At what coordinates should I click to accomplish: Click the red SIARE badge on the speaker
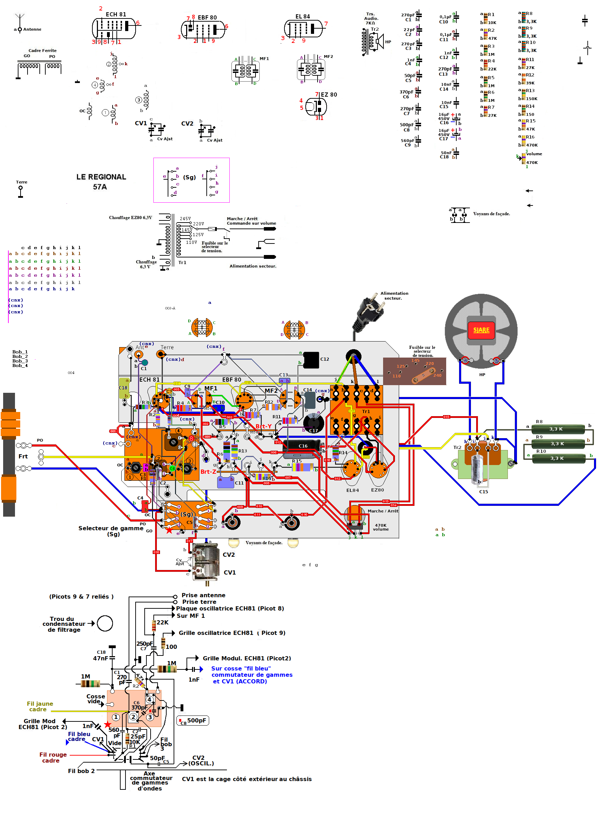pyautogui.click(x=481, y=330)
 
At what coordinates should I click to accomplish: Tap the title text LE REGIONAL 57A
pyautogui.click(x=101, y=182)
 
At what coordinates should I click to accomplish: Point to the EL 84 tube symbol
pyautogui.click(x=303, y=28)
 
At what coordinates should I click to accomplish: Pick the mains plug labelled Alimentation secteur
pyautogui.click(x=368, y=312)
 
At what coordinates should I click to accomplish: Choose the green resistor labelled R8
pyautogui.click(x=558, y=429)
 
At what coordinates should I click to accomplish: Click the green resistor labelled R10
pyautogui.click(x=558, y=458)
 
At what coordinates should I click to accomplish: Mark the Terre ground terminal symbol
pyautogui.click(x=21, y=191)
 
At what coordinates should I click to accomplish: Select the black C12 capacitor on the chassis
pyautogui.click(x=311, y=360)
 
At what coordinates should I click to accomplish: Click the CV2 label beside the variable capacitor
pyautogui.click(x=228, y=555)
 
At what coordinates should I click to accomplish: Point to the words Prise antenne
pyautogui.click(x=204, y=595)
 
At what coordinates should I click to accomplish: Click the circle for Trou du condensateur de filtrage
pyautogui.click(x=105, y=623)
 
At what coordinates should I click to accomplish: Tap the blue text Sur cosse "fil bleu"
pyautogui.click(x=241, y=668)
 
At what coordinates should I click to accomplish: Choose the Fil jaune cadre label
pyautogui.click(x=40, y=706)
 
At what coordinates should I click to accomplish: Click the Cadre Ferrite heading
pyautogui.click(x=43, y=51)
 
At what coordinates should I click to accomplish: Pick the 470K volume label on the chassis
pyautogui.click(x=381, y=527)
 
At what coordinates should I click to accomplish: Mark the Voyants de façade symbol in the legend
pyautogui.click(x=459, y=215)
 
